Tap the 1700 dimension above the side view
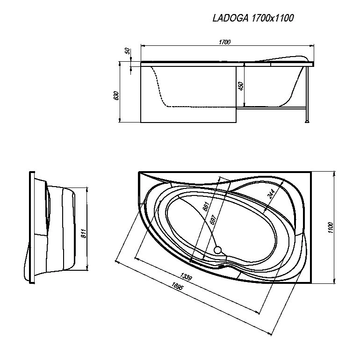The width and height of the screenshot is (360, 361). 225,43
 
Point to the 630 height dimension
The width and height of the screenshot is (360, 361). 116,95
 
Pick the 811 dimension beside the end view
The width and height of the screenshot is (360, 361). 84,233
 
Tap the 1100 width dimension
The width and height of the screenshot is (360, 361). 331,228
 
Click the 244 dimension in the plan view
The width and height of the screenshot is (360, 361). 271,194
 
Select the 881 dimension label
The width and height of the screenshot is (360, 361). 206,206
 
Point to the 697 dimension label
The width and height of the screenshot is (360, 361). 213,220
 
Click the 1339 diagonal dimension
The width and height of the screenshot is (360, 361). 186,276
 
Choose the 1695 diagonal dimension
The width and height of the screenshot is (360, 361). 177,287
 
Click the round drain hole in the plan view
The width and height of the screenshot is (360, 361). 217,250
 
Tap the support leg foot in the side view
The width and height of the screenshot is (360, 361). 307,121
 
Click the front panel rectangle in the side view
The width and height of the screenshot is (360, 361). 188,94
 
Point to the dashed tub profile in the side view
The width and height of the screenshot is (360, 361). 194,87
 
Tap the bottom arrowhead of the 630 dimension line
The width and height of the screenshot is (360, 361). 120,120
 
